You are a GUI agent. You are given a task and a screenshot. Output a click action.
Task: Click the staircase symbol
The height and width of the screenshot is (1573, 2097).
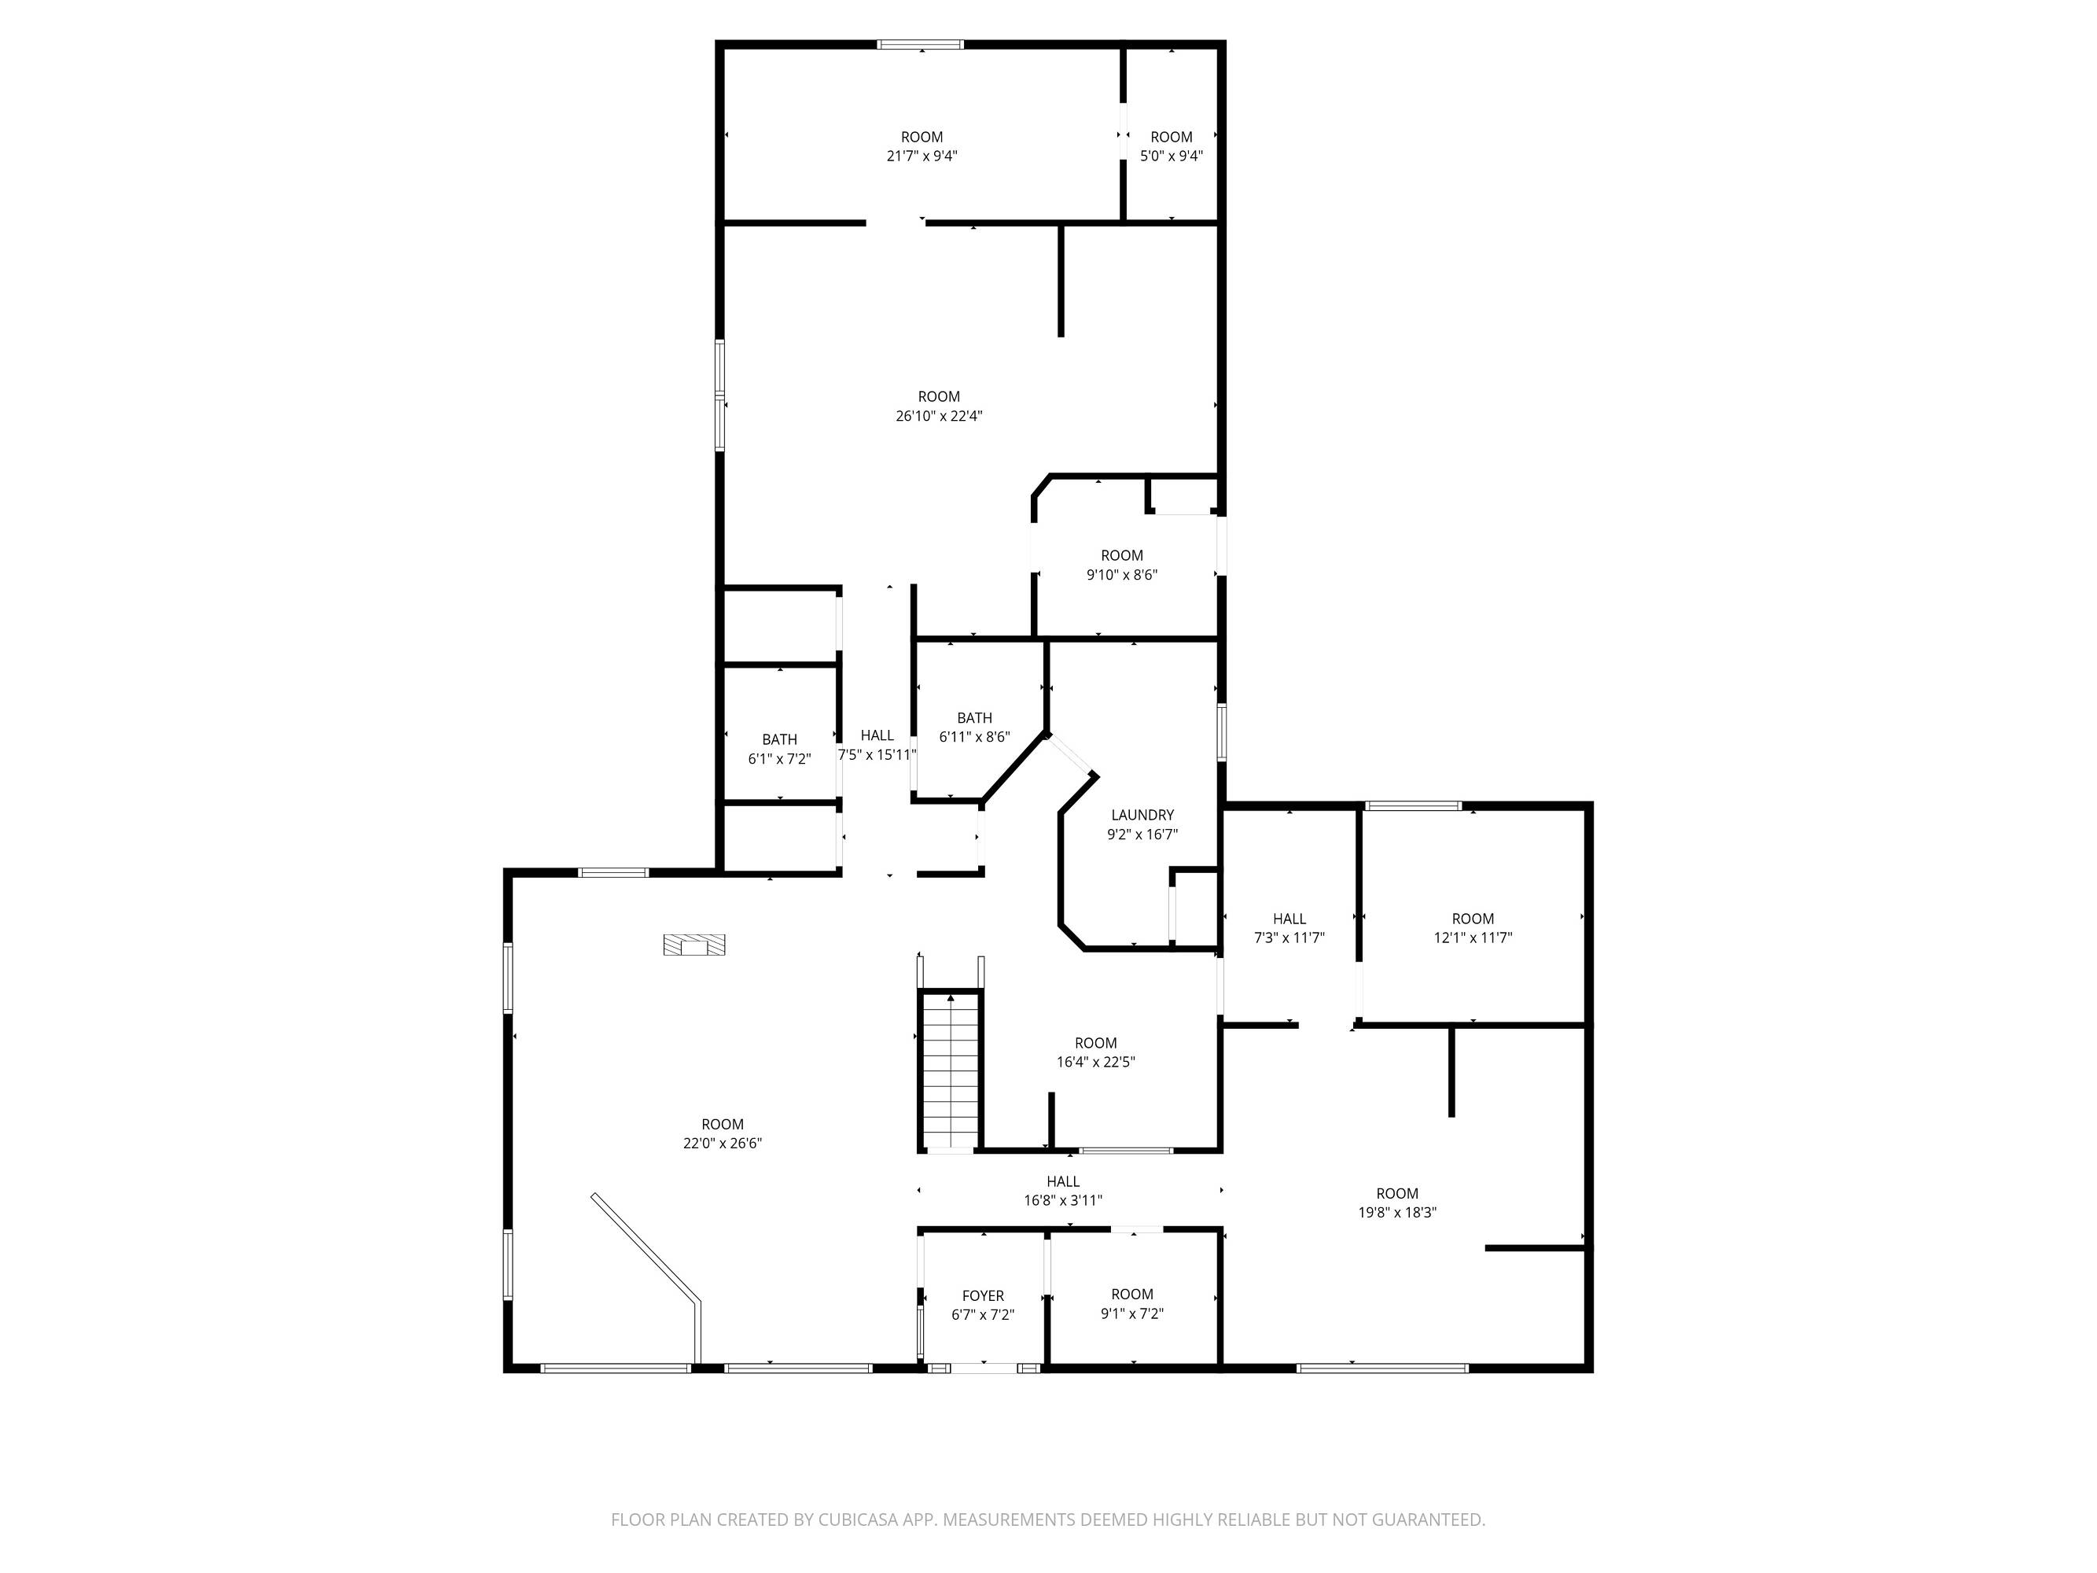click(x=950, y=1071)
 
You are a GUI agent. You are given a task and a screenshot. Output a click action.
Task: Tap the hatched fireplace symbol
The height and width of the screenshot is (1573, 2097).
click(x=694, y=945)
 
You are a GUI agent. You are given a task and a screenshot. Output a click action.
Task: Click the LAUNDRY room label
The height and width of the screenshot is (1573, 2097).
click(x=1142, y=815)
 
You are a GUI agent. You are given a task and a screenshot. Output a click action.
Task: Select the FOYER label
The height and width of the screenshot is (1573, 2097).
click(x=983, y=1295)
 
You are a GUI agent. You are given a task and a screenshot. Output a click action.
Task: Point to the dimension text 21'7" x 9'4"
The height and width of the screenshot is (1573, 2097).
click(x=922, y=156)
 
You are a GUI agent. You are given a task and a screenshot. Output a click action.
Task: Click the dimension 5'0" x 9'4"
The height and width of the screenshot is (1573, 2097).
click(x=1172, y=156)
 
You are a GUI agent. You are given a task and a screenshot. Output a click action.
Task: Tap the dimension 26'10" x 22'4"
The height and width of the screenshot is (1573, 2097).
click(x=939, y=415)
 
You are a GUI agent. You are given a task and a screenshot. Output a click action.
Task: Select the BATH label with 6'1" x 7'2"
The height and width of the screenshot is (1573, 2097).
click(x=779, y=739)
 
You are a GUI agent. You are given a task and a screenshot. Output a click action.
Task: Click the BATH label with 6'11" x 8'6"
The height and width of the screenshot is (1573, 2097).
click(x=974, y=718)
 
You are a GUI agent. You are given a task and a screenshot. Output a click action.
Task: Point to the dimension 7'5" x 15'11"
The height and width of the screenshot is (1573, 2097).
click(x=877, y=755)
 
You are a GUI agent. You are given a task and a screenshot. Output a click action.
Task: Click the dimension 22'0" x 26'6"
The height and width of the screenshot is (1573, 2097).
click(x=723, y=1144)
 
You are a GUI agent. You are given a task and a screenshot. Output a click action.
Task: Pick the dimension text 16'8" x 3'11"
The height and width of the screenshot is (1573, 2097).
click(x=1063, y=1200)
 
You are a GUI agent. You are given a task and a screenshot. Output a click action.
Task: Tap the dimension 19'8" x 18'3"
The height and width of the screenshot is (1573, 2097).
click(x=1397, y=1212)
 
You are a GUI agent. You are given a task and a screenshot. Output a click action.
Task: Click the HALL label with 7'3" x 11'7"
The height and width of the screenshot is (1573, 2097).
click(x=1289, y=919)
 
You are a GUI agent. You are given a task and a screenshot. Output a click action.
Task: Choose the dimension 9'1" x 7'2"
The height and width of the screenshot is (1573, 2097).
click(x=1132, y=1313)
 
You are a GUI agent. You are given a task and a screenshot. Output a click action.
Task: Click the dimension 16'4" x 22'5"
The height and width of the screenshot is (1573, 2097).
click(x=1096, y=1062)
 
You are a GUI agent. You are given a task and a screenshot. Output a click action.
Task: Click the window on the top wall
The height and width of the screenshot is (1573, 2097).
click(x=921, y=43)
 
